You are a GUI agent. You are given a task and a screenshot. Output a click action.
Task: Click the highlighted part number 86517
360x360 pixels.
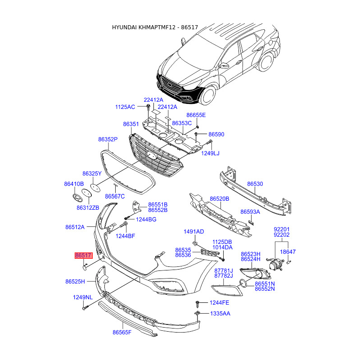(x=84, y=255)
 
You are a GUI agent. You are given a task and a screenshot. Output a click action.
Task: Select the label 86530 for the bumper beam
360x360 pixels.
(x=255, y=184)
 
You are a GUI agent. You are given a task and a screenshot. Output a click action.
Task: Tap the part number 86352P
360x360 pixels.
(x=108, y=139)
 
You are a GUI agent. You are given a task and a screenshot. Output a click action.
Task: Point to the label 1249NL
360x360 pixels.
(x=83, y=297)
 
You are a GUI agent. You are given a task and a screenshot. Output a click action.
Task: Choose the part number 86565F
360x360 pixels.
(x=122, y=332)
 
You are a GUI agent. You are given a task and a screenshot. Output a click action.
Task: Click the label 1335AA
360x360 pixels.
(x=220, y=313)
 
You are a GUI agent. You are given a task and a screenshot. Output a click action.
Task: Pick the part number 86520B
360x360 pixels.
(x=220, y=198)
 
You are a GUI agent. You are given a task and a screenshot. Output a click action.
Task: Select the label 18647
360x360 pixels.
(x=288, y=252)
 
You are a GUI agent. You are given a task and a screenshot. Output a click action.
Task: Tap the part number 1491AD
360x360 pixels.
(x=194, y=232)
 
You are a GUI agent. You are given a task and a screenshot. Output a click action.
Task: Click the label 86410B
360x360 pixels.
(x=74, y=184)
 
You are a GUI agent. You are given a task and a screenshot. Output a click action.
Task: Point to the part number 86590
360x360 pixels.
(x=216, y=134)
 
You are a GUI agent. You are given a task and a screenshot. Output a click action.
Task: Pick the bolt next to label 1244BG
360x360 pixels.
(x=128, y=218)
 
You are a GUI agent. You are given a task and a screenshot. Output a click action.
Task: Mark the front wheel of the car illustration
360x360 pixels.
(x=208, y=95)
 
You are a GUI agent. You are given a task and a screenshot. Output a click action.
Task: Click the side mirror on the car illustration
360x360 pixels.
(x=224, y=66)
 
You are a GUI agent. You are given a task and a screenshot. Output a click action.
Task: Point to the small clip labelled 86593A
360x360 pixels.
(x=252, y=223)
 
